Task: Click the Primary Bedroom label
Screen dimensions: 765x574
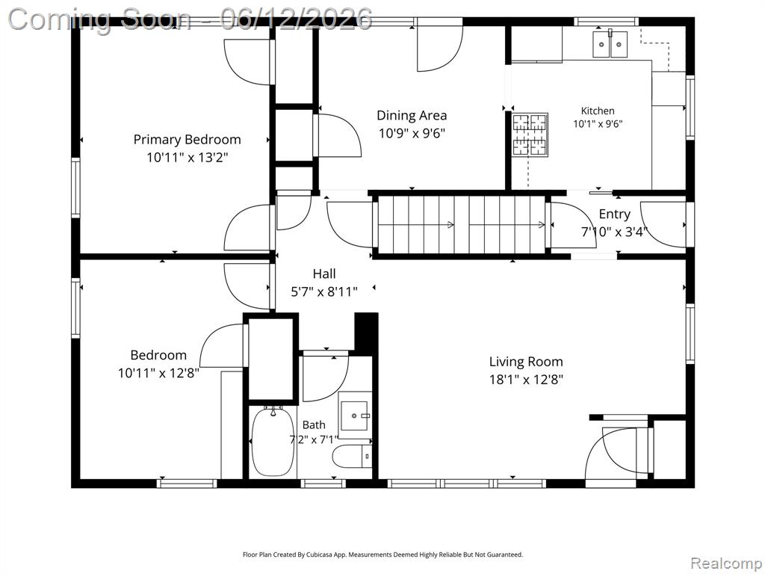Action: tap(188, 140)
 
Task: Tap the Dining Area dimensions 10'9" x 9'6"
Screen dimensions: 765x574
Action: tap(412, 133)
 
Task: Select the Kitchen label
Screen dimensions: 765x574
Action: tap(598, 111)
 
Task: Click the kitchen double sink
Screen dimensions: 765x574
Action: tap(610, 44)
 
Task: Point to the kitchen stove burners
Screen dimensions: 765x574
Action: tap(530, 135)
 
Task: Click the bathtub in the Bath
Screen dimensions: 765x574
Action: tap(273, 441)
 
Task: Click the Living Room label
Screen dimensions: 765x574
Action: tap(526, 362)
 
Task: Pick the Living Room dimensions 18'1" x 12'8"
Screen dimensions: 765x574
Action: tap(526, 380)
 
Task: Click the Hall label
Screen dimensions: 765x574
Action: tap(324, 274)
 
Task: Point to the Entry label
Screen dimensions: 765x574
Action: tap(615, 215)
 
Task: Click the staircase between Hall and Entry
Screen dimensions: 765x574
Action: tap(462, 224)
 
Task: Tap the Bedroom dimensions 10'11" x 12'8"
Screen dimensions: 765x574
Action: tap(158, 374)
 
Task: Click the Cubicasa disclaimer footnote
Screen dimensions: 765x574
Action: tap(382, 555)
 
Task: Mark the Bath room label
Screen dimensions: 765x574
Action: tap(314, 425)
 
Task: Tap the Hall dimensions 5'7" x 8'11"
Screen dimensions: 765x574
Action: tap(324, 292)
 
